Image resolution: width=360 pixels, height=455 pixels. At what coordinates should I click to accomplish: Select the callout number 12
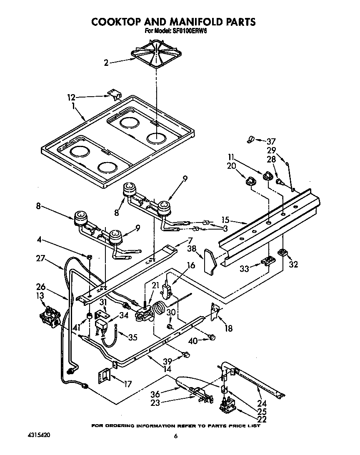click(x=71, y=97)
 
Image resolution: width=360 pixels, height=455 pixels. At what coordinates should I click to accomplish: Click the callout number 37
click(x=272, y=141)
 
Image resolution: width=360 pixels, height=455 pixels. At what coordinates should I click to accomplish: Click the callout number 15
click(x=225, y=220)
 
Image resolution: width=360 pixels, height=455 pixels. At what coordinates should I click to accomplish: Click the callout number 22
click(x=262, y=419)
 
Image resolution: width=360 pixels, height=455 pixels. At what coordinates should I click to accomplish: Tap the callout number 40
click(x=192, y=340)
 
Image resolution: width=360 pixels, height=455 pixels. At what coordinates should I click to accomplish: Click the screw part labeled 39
click(x=186, y=355)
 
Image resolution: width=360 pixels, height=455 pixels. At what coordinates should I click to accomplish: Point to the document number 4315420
click(x=40, y=435)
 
